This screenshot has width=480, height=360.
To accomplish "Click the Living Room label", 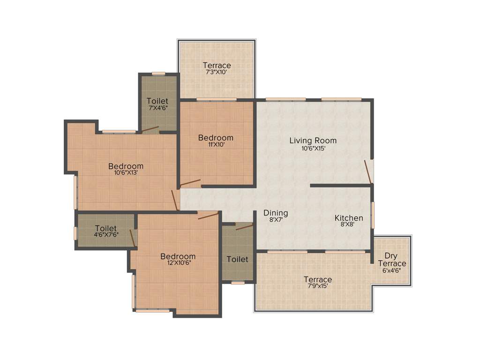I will click(313, 140).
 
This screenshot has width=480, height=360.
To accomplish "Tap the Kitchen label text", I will click(348, 218).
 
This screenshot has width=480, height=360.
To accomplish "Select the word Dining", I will click(275, 213).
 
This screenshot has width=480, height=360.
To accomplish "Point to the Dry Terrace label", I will click(392, 260).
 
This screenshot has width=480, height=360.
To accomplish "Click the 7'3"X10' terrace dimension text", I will click(216, 73).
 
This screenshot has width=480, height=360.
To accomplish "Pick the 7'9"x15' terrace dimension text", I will click(317, 285).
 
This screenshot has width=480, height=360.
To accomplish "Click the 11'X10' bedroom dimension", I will click(216, 145).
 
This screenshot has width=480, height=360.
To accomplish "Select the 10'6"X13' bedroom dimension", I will click(126, 172).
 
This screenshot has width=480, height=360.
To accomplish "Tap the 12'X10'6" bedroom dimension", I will click(178, 263).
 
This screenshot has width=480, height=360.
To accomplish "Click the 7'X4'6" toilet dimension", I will click(157, 108).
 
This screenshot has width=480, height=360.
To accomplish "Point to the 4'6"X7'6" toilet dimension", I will click(105, 235).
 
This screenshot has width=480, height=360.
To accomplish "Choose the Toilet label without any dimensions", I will click(237, 259).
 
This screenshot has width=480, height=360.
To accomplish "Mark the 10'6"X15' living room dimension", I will click(313, 148).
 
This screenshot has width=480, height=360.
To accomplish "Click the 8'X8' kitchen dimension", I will click(348, 225).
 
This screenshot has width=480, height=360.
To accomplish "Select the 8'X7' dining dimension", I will click(275, 220).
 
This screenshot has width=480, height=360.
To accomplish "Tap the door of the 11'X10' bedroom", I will click(190, 182).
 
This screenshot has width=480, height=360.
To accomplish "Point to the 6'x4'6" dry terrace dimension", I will click(392, 270).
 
